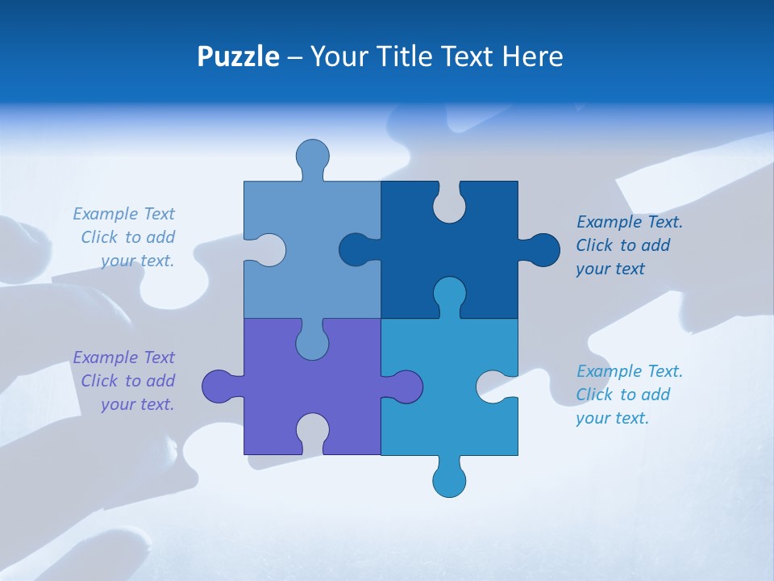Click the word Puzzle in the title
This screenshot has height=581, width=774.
click(x=238, y=56)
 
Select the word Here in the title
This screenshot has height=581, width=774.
click(x=531, y=56)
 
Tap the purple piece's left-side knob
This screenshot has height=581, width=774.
click(x=219, y=387)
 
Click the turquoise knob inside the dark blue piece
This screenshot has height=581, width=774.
click(x=449, y=294)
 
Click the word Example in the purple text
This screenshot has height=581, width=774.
click(x=106, y=357)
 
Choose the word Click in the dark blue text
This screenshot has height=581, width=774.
click(x=594, y=245)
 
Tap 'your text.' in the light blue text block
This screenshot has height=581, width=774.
click(x=137, y=261)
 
